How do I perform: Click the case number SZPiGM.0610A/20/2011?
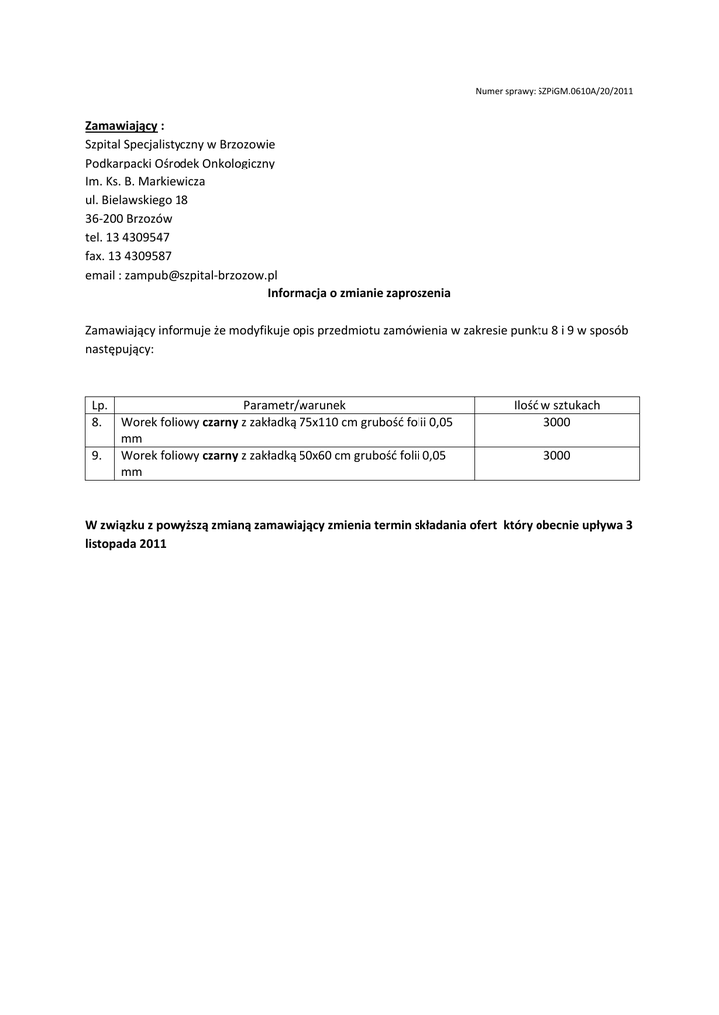coord(585,91)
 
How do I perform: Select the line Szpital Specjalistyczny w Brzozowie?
coord(180,145)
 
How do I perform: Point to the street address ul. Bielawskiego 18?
coord(137,199)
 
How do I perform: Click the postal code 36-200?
coord(104,218)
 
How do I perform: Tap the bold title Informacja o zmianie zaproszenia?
coord(359,293)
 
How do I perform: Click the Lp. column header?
coord(99,405)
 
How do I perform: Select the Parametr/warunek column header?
coord(295,405)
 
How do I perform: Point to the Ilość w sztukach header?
coord(556,405)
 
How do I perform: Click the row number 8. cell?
coord(97,422)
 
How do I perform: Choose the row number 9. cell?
coord(97,456)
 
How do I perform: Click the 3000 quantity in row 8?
coord(556,422)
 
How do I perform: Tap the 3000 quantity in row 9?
coord(556,456)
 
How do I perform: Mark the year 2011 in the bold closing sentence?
coord(153,544)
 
